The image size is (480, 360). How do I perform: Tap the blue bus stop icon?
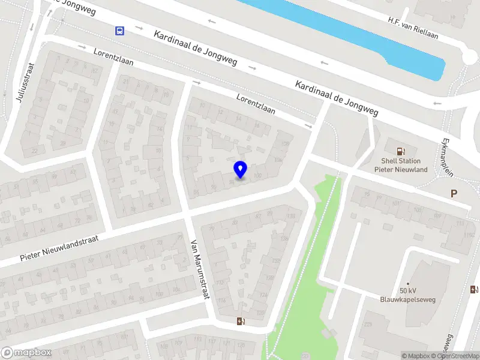click(x=120, y=31)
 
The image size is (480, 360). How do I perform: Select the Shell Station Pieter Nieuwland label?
click(x=401, y=165)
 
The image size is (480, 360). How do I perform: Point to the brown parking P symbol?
click(x=454, y=193)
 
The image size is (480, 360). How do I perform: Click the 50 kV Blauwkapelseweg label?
click(x=407, y=295)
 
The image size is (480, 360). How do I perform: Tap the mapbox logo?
click(x=26, y=353)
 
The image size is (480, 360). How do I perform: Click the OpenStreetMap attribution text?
click(x=457, y=356)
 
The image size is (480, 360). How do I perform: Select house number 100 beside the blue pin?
click(x=257, y=175)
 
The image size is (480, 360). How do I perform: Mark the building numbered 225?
click(x=367, y=325)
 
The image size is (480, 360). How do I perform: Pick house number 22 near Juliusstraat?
click(x=35, y=150)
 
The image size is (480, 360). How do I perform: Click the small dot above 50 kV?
click(x=407, y=283)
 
